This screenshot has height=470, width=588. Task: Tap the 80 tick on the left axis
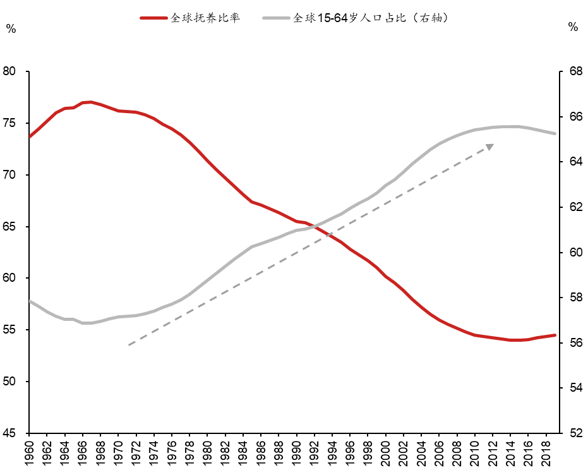(11, 71)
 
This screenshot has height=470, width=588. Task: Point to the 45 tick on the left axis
(11, 433)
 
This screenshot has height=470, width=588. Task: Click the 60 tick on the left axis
(11, 278)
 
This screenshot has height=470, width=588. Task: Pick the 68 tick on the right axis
(575, 71)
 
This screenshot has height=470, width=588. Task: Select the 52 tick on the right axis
(575, 433)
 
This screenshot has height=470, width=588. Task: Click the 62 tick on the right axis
(575, 207)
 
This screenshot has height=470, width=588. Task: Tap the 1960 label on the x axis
(29, 454)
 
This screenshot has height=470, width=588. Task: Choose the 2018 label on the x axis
(546, 454)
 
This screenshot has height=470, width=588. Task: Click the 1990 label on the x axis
(296, 454)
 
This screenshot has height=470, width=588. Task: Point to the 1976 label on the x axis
(172, 454)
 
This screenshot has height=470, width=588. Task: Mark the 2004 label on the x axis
(421, 454)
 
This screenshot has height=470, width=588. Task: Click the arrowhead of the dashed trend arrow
(489, 147)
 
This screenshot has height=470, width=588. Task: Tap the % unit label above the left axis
(11, 28)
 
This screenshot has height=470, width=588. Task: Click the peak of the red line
(91, 102)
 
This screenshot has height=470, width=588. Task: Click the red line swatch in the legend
(154, 18)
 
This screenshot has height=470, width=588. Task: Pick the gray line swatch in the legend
(275, 18)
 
